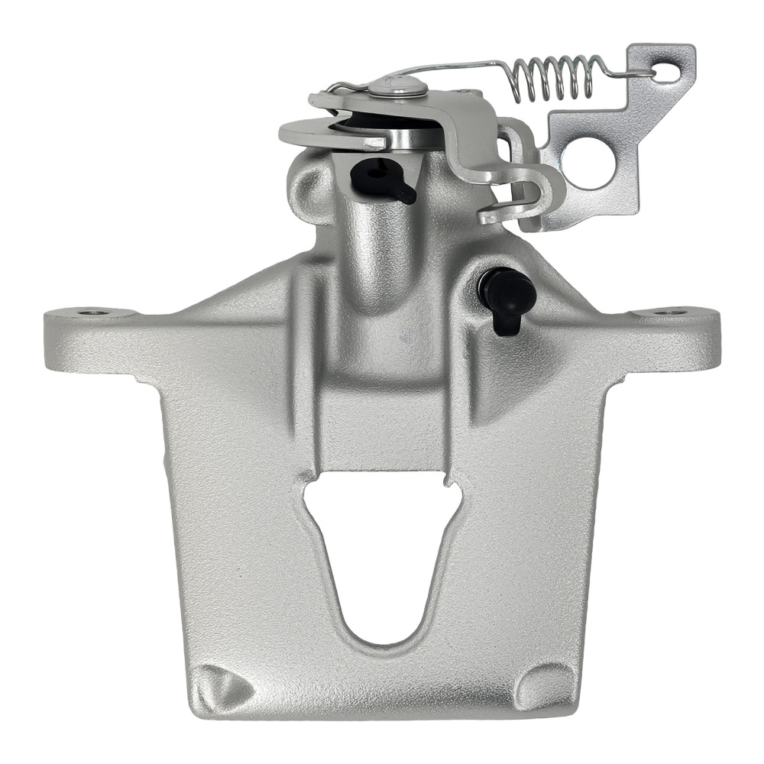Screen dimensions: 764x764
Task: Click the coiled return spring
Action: [x=554, y=77]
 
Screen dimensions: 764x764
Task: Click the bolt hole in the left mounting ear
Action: [x=86, y=312]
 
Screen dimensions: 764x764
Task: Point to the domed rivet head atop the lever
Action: [x=398, y=86]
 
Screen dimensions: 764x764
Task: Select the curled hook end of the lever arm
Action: [x=527, y=199]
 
